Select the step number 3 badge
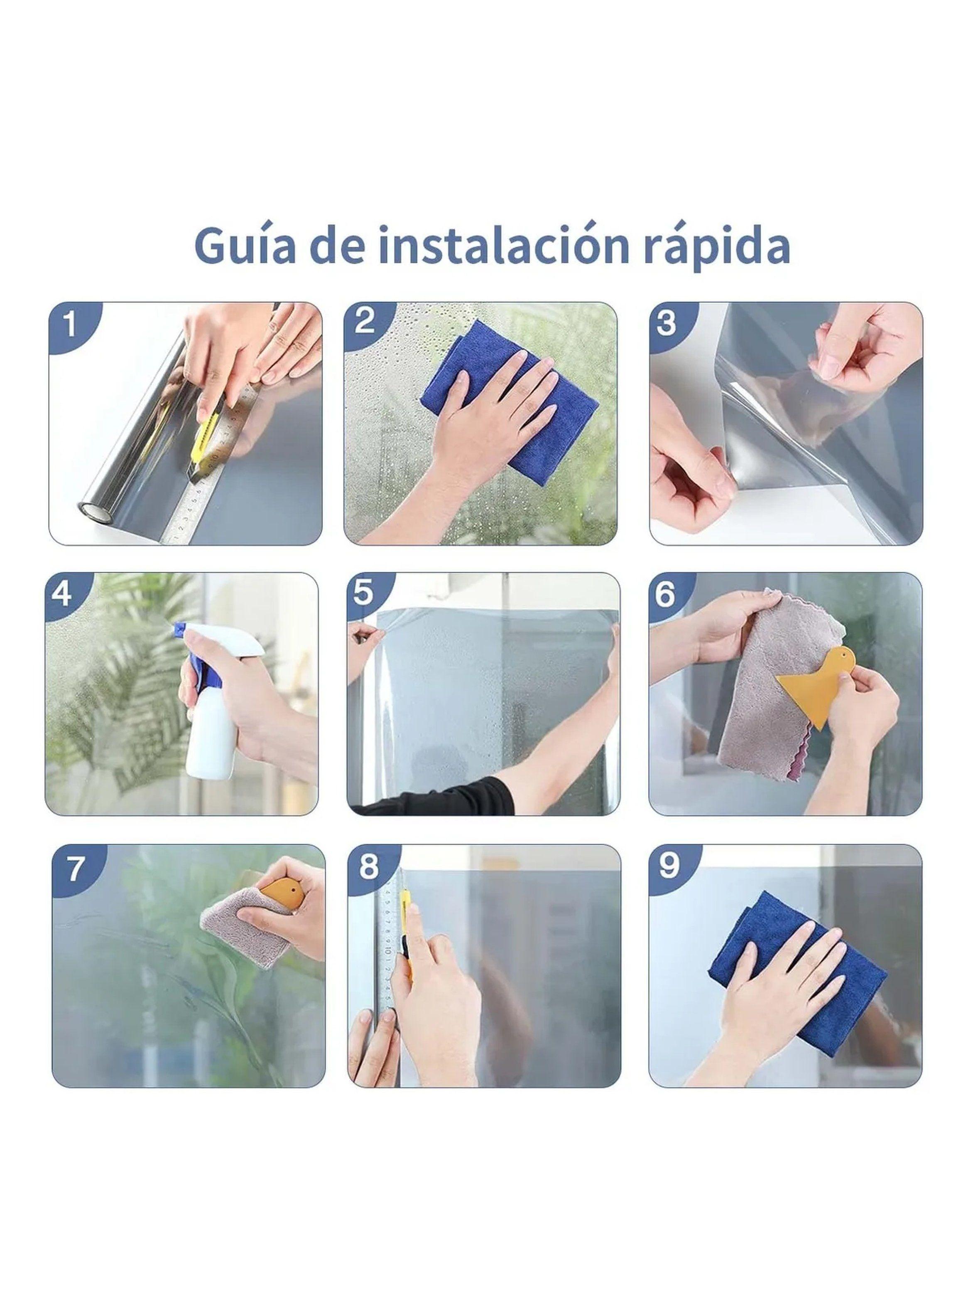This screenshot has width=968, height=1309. pyautogui.click(x=666, y=324)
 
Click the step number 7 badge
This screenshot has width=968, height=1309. pyautogui.click(x=74, y=869)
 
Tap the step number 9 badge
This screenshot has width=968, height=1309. pyautogui.click(x=669, y=866)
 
